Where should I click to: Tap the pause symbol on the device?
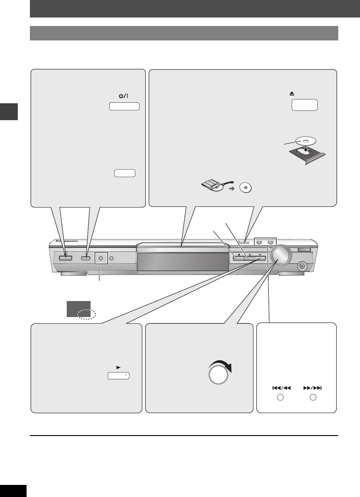click(x=250, y=255)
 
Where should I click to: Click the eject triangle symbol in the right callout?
click(x=292, y=94)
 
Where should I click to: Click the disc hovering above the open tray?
click(x=305, y=140)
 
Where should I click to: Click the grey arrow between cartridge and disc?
click(x=232, y=188)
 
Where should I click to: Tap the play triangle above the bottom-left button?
click(x=118, y=368)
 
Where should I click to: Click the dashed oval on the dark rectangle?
click(x=86, y=315)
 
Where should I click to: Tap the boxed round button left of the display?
click(x=101, y=258)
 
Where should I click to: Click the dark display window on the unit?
click(x=183, y=262)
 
